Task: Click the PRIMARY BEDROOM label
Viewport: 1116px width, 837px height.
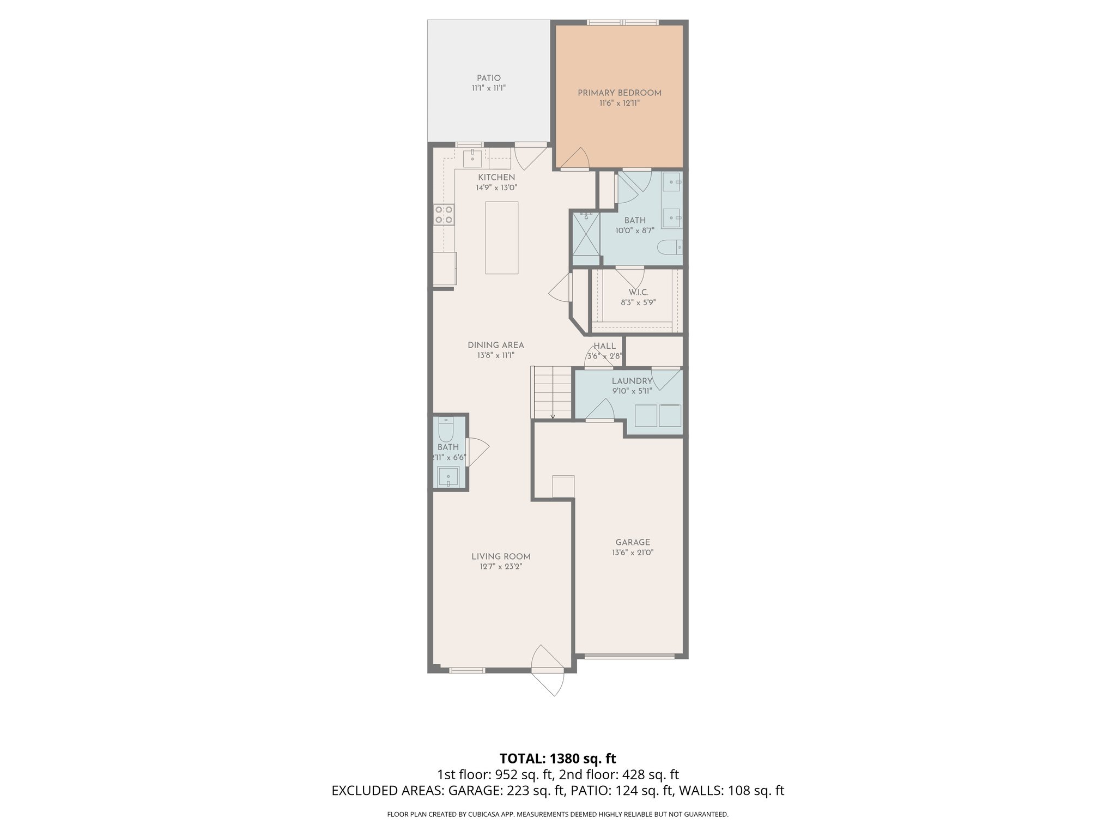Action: [620, 93]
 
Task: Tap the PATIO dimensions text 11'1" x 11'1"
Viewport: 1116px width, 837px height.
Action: [489, 88]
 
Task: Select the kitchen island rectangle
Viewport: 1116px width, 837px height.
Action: [502, 238]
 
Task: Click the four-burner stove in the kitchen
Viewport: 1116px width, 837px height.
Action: [444, 214]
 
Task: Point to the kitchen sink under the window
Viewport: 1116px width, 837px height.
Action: [472, 159]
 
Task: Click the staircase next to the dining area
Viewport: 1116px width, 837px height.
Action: [553, 391]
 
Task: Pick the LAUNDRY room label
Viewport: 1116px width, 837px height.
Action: [632, 381]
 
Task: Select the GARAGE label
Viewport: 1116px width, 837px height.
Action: [633, 542]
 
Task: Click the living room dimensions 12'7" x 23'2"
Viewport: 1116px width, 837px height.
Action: [501, 567]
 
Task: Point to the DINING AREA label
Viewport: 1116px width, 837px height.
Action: [495, 345]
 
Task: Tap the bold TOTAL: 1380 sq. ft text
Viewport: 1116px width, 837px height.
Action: [557, 759]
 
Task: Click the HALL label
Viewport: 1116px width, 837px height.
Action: [604, 346]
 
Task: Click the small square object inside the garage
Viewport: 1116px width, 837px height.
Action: [563, 486]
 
